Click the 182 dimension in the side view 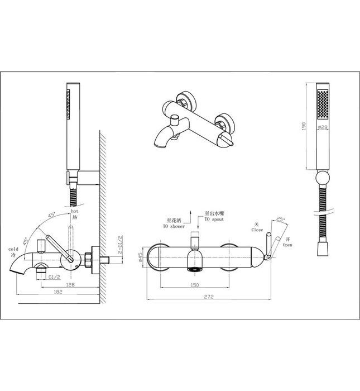[58, 291]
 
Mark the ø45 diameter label [141, 258]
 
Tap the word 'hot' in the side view [75, 213]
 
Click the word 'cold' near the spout [13, 249]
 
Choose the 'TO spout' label [214, 220]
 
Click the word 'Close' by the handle [257, 230]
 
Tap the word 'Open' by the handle [287, 245]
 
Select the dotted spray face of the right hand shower [322, 106]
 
